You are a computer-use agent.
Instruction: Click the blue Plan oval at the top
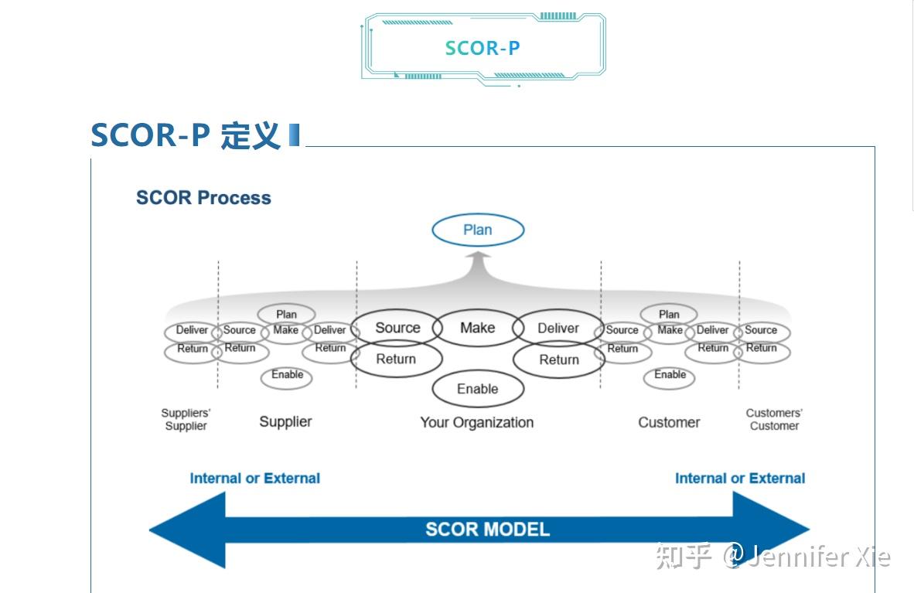(x=477, y=230)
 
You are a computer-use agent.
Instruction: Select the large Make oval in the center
(x=477, y=328)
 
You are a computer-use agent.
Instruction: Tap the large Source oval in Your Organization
(x=397, y=328)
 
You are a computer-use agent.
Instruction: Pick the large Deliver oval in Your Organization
(x=558, y=328)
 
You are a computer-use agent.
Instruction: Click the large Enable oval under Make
(x=477, y=389)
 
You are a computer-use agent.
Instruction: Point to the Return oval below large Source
(x=396, y=359)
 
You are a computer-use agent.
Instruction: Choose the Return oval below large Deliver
(x=558, y=360)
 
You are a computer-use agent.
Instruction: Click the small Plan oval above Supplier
(x=286, y=314)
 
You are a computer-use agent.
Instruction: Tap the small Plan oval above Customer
(x=669, y=314)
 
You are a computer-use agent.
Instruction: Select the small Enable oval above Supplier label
(x=287, y=375)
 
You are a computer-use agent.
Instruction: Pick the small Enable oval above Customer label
(x=670, y=375)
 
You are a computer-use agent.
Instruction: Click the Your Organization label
(x=476, y=422)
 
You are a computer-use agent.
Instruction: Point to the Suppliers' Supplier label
(x=186, y=419)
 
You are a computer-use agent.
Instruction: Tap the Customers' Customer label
(x=774, y=419)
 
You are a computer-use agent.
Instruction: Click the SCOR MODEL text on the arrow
(x=487, y=530)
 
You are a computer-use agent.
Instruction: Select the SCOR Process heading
(x=203, y=198)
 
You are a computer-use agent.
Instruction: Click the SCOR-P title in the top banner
(x=483, y=48)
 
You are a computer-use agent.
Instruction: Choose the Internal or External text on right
(x=739, y=479)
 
